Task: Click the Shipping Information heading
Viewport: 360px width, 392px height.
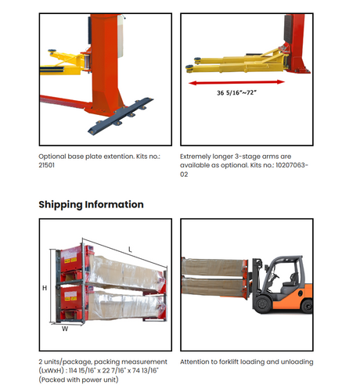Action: pyautogui.click(x=91, y=205)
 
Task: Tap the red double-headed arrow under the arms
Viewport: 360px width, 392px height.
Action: pyautogui.click(x=236, y=82)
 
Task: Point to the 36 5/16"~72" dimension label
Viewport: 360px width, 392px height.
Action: pyautogui.click(x=236, y=92)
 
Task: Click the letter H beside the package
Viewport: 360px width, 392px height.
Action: pyautogui.click(x=45, y=288)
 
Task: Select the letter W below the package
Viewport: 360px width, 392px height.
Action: pyautogui.click(x=65, y=329)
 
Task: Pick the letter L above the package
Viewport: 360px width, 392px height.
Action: pyautogui.click(x=130, y=250)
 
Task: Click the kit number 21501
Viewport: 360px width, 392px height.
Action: pyautogui.click(x=46, y=165)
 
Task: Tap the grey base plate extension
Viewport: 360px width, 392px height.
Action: pyautogui.click(x=121, y=115)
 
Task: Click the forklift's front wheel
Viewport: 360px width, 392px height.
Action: pyautogui.click(x=262, y=304)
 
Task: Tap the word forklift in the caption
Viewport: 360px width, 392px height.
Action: pyautogui.click(x=229, y=361)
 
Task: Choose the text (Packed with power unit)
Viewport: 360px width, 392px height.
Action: pyautogui.click(x=78, y=379)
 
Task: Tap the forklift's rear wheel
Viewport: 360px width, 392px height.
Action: pyautogui.click(x=307, y=306)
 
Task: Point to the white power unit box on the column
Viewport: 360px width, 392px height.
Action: pyautogui.click(x=121, y=36)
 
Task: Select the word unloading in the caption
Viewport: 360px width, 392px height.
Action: pyautogui.click(x=299, y=362)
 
